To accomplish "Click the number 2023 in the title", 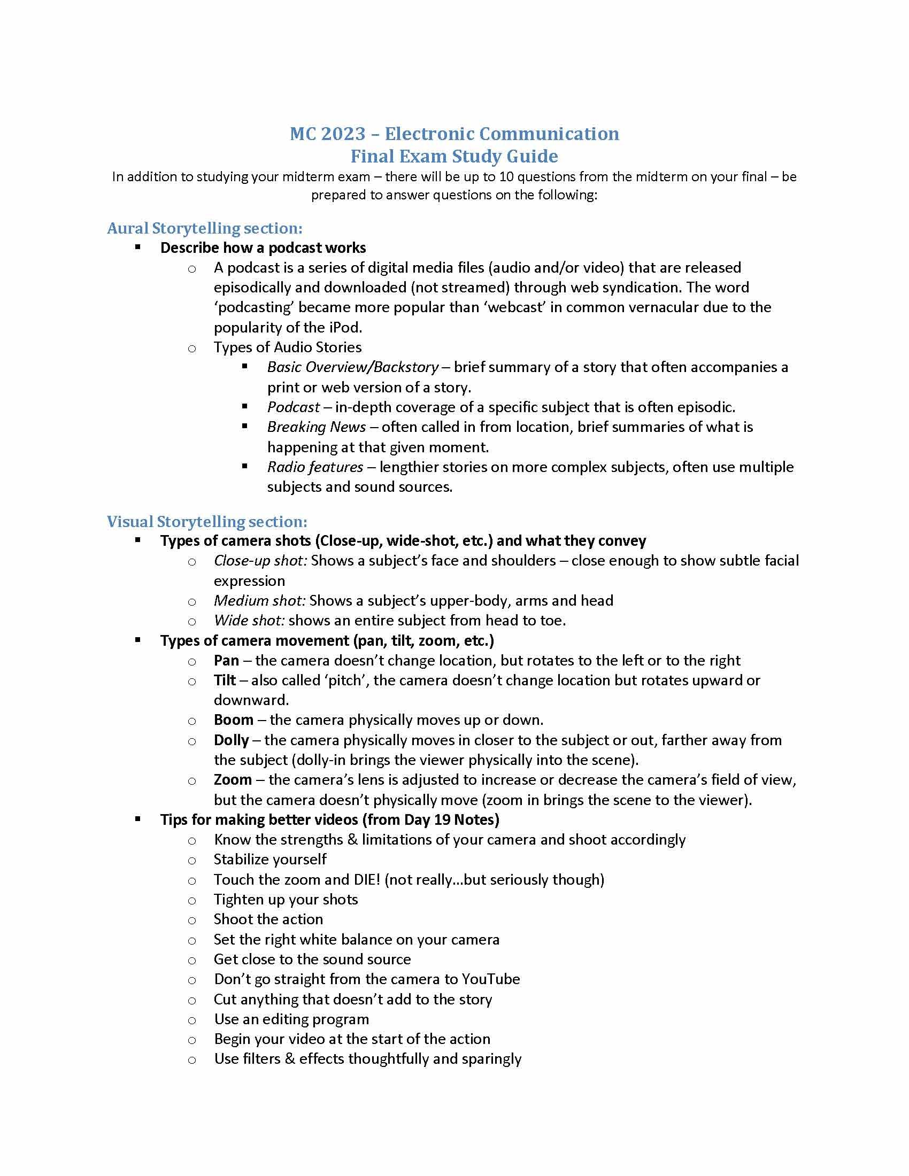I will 343,134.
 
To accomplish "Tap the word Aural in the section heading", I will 128,228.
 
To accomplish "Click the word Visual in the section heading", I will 130,521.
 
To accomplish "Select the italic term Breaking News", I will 317,427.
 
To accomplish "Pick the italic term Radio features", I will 315,467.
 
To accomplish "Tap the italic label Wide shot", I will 249,620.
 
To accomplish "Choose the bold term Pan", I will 226,660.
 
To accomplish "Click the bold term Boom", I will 234,720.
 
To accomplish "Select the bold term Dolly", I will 232,740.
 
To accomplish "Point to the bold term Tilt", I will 225,680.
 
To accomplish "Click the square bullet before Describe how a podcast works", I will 138,247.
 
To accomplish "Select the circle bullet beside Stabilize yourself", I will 192,861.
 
